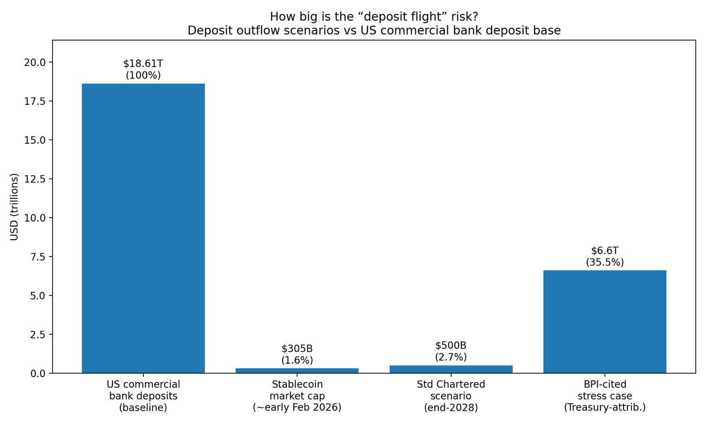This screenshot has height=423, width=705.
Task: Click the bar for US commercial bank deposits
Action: (x=143, y=228)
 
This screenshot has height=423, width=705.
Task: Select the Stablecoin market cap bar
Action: (x=297, y=370)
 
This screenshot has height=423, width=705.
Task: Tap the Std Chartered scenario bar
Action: (x=451, y=369)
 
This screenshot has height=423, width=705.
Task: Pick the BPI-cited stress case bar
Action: (x=604, y=321)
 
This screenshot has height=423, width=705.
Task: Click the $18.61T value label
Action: (x=143, y=63)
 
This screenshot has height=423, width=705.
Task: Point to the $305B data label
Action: (x=297, y=348)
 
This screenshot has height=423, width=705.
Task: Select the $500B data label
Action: (x=451, y=345)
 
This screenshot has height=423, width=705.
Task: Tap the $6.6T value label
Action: (x=604, y=250)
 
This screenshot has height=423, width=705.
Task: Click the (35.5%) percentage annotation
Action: (x=604, y=262)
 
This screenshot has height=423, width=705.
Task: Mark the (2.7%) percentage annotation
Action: (x=451, y=357)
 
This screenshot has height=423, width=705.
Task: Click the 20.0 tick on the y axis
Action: (x=35, y=62)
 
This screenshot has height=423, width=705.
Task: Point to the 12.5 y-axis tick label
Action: (x=35, y=179)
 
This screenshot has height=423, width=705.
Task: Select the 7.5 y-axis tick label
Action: (x=38, y=257)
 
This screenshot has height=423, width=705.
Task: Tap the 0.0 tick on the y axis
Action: (x=38, y=373)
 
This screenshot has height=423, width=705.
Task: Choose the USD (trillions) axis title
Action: (x=14, y=207)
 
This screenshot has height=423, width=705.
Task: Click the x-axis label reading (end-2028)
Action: (x=451, y=408)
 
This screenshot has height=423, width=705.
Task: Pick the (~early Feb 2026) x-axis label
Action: (x=297, y=408)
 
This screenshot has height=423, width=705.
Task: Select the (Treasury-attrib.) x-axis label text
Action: (x=604, y=408)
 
